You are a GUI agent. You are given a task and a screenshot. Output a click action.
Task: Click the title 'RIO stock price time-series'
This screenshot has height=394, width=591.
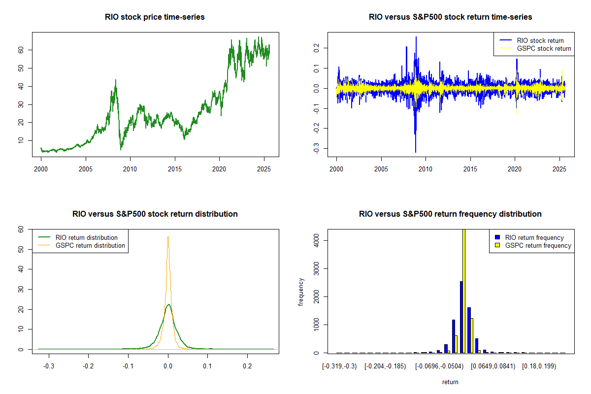tap(155, 17)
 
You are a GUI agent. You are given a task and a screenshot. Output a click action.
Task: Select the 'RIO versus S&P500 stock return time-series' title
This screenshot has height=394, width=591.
tap(450, 17)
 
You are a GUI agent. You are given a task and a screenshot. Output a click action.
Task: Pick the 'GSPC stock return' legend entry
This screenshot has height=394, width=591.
tap(544, 48)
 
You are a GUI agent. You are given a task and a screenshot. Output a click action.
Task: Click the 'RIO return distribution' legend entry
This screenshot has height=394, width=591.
tap(87, 237)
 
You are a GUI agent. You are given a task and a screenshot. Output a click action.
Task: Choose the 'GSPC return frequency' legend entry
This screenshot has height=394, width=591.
tap(538, 245)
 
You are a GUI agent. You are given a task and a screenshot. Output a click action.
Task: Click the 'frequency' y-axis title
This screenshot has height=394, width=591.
tap(301, 292)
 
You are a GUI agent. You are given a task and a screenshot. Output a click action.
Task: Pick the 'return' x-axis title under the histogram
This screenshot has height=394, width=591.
tap(450, 382)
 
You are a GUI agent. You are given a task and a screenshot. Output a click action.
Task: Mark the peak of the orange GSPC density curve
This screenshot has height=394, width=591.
tap(168, 236)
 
